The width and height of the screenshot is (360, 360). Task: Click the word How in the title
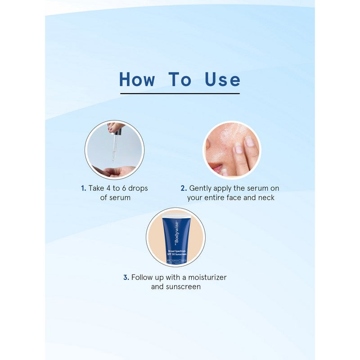tap(137, 80)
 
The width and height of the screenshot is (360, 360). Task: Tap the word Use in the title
tap(222, 80)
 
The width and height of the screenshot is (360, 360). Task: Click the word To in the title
tap(180, 80)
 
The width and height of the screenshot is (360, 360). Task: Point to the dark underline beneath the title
tap(180, 94)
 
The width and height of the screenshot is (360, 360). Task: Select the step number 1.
tap(83, 189)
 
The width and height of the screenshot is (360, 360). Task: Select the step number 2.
tap(184, 189)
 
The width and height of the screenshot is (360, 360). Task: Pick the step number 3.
tap(126, 278)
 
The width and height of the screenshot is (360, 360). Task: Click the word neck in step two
tap(265, 198)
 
